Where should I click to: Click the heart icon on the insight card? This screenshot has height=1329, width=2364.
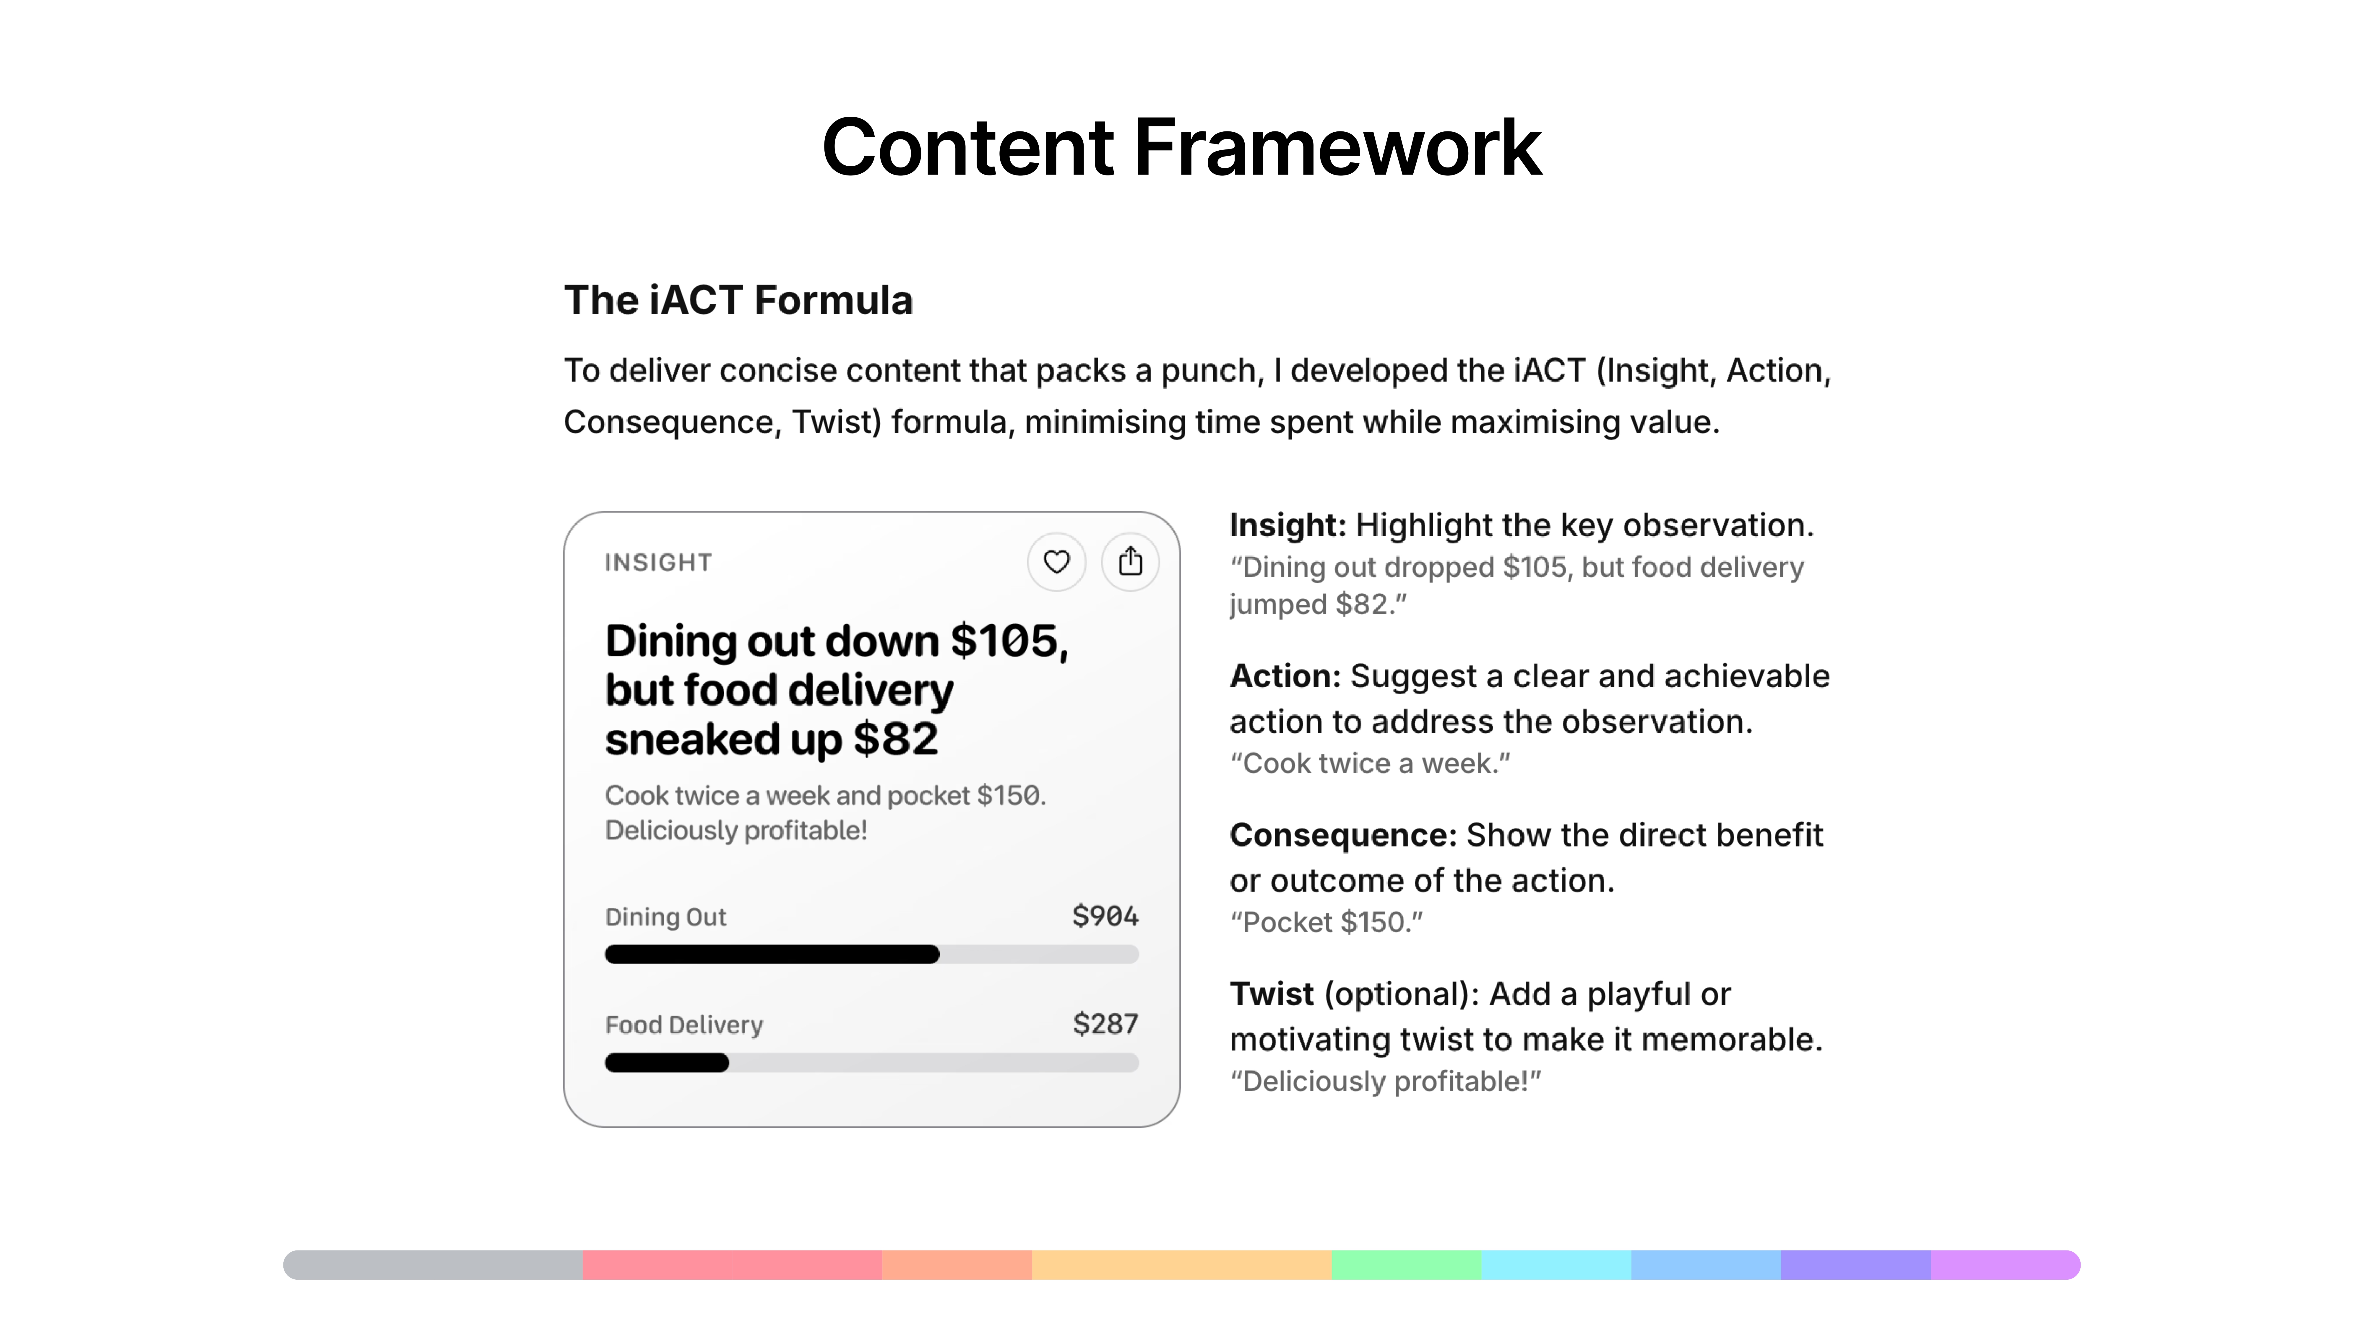click(x=1056, y=561)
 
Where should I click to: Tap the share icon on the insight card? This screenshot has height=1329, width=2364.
click(x=1130, y=561)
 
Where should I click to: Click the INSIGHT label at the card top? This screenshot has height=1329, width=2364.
click(x=658, y=562)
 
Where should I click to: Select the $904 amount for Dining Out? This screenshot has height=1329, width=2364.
click(x=1105, y=915)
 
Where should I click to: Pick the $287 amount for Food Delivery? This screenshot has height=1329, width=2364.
click(x=1105, y=1024)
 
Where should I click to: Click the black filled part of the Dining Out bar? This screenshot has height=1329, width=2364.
click(x=772, y=954)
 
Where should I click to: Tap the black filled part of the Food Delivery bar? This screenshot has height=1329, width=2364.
click(x=667, y=1062)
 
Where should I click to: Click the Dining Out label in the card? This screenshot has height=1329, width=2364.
click(x=665, y=916)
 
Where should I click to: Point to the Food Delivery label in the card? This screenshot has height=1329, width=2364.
click(x=684, y=1025)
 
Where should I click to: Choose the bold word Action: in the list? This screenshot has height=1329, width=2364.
click(x=1285, y=676)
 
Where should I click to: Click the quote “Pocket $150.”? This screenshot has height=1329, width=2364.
click(x=1326, y=922)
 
